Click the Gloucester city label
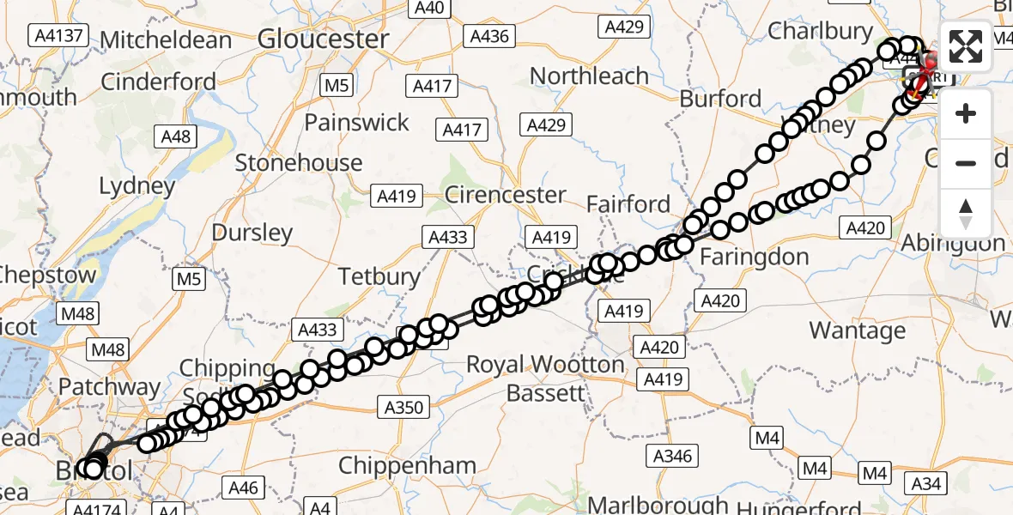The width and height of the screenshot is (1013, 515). [323, 39]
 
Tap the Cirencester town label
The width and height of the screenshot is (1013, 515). [505, 195]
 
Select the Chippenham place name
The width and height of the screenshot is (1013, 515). [407, 466]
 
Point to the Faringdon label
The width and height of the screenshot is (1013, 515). [754, 256]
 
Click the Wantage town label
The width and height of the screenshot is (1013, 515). [857, 330]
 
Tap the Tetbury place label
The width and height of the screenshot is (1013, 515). [379, 276]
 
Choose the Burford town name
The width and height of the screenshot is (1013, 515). [720, 99]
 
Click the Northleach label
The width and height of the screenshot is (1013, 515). [589, 76]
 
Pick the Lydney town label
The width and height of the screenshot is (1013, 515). [137, 185]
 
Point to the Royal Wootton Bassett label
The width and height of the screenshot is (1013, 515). [545, 379]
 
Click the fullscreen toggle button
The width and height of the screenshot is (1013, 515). [966, 47]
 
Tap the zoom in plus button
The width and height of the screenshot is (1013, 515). [966, 113]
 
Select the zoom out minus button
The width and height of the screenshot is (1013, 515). [966, 163]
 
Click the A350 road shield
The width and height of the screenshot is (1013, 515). [403, 407]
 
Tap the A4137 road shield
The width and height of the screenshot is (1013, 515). [58, 35]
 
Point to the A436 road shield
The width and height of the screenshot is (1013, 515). [489, 36]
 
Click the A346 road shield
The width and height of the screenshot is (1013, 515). [671, 455]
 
